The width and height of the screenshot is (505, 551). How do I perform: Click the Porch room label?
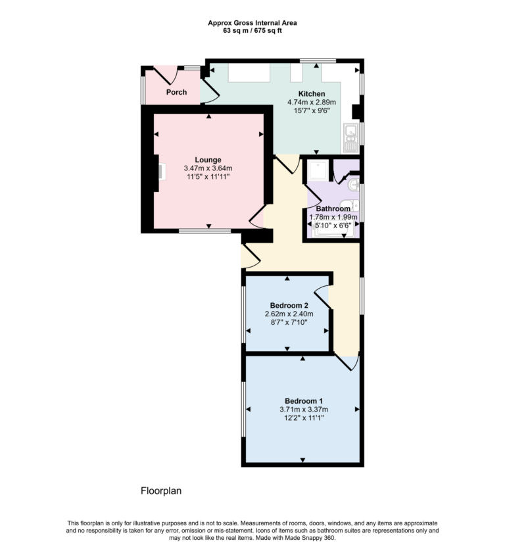pyautogui.click(x=176, y=92)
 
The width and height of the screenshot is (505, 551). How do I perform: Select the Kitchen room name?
pyautogui.click(x=312, y=93)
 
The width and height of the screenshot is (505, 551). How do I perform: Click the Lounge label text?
pyautogui.click(x=208, y=160)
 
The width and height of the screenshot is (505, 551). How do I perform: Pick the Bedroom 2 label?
pyautogui.click(x=289, y=305)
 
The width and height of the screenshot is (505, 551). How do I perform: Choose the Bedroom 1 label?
pyautogui.click(x=303, y=400)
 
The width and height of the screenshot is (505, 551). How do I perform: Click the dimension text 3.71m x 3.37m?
pyautogui.click(x=303, y=409)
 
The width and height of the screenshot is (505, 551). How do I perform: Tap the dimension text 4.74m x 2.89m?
pyautogui.click(x=312, y=102)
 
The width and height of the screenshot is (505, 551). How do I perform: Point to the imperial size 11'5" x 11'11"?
pyautogui.click(x=208, y=177)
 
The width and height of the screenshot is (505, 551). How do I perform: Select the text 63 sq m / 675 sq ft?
pyautogui.click(x=252, y=30)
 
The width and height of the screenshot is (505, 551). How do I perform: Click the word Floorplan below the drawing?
pyautogui.click(x=160, y=491)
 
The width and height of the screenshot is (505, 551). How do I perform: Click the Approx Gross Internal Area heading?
pyautogui.click(x=252, y=22)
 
